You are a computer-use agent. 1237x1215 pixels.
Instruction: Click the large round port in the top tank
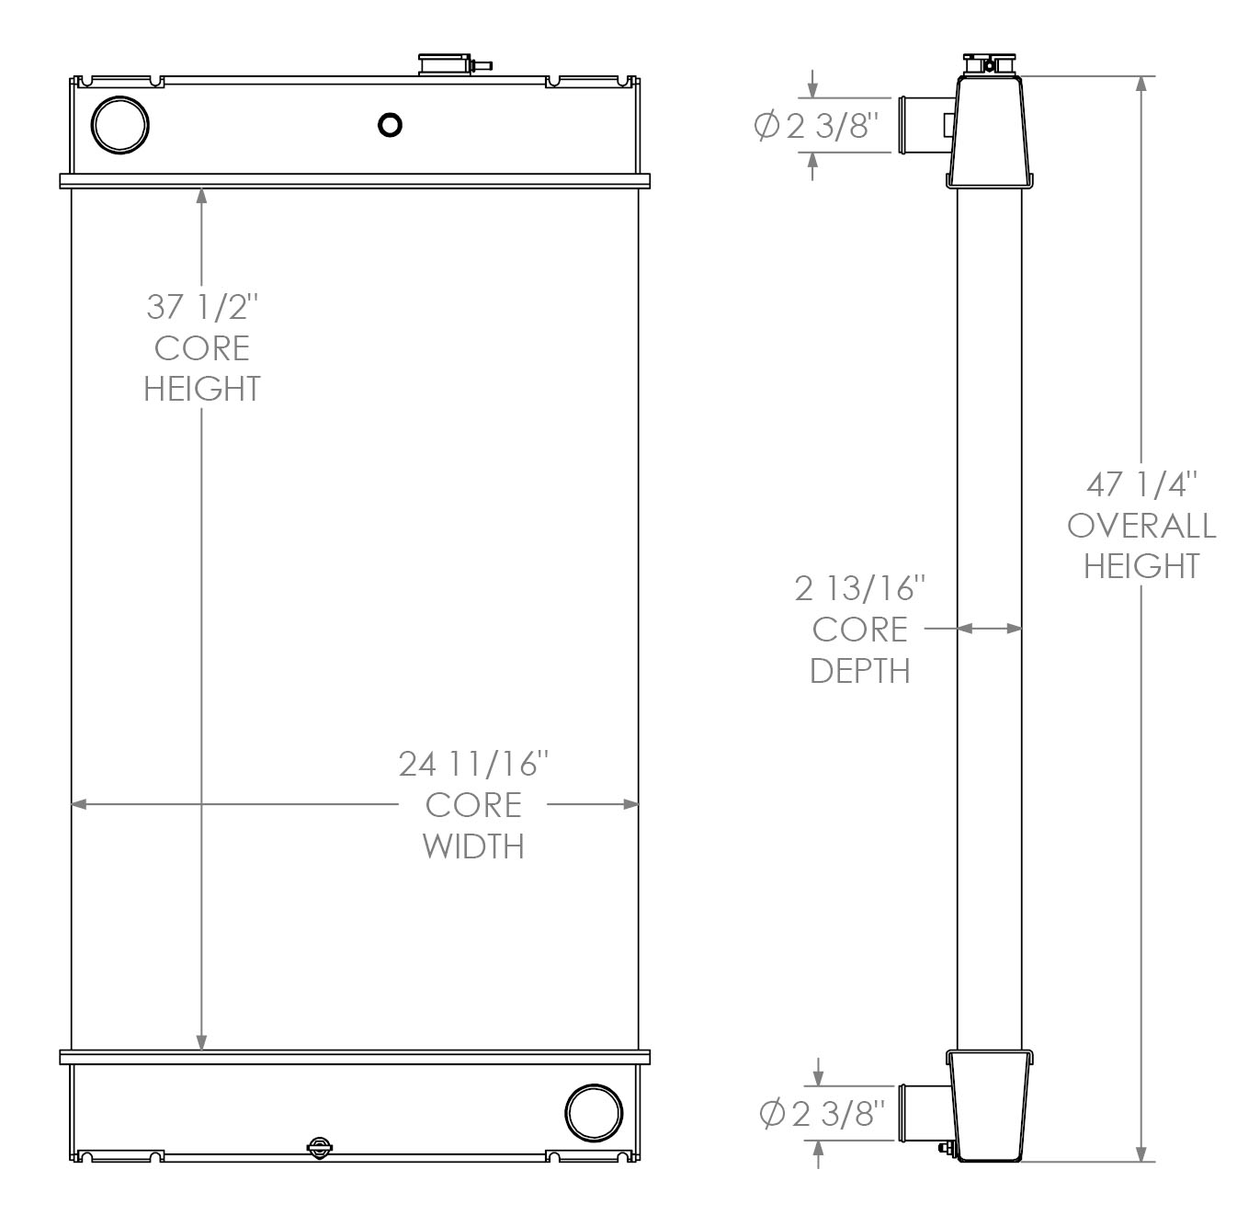[120, 124]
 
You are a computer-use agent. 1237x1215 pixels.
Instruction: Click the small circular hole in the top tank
[390, 124]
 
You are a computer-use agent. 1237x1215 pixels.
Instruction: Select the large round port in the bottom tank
[594, 1112]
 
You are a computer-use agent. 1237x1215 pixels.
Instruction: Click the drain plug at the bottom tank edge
[319, 1146]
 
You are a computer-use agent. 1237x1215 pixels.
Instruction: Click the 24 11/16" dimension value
[473, 763]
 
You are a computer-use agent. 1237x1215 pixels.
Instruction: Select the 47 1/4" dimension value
[1141, 483]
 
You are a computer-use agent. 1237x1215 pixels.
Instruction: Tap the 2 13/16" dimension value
[860, 588]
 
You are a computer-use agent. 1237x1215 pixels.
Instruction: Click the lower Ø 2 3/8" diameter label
[821, 1114]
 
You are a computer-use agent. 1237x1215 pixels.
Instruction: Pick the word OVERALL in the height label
[1141, 526]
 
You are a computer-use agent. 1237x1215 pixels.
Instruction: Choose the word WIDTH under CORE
[473, 846]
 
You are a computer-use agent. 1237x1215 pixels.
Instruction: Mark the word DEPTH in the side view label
[860, 671]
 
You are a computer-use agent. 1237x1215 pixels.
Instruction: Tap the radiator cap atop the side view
[989, 63]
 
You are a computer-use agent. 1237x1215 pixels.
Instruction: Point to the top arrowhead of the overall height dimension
[1141, 84]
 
